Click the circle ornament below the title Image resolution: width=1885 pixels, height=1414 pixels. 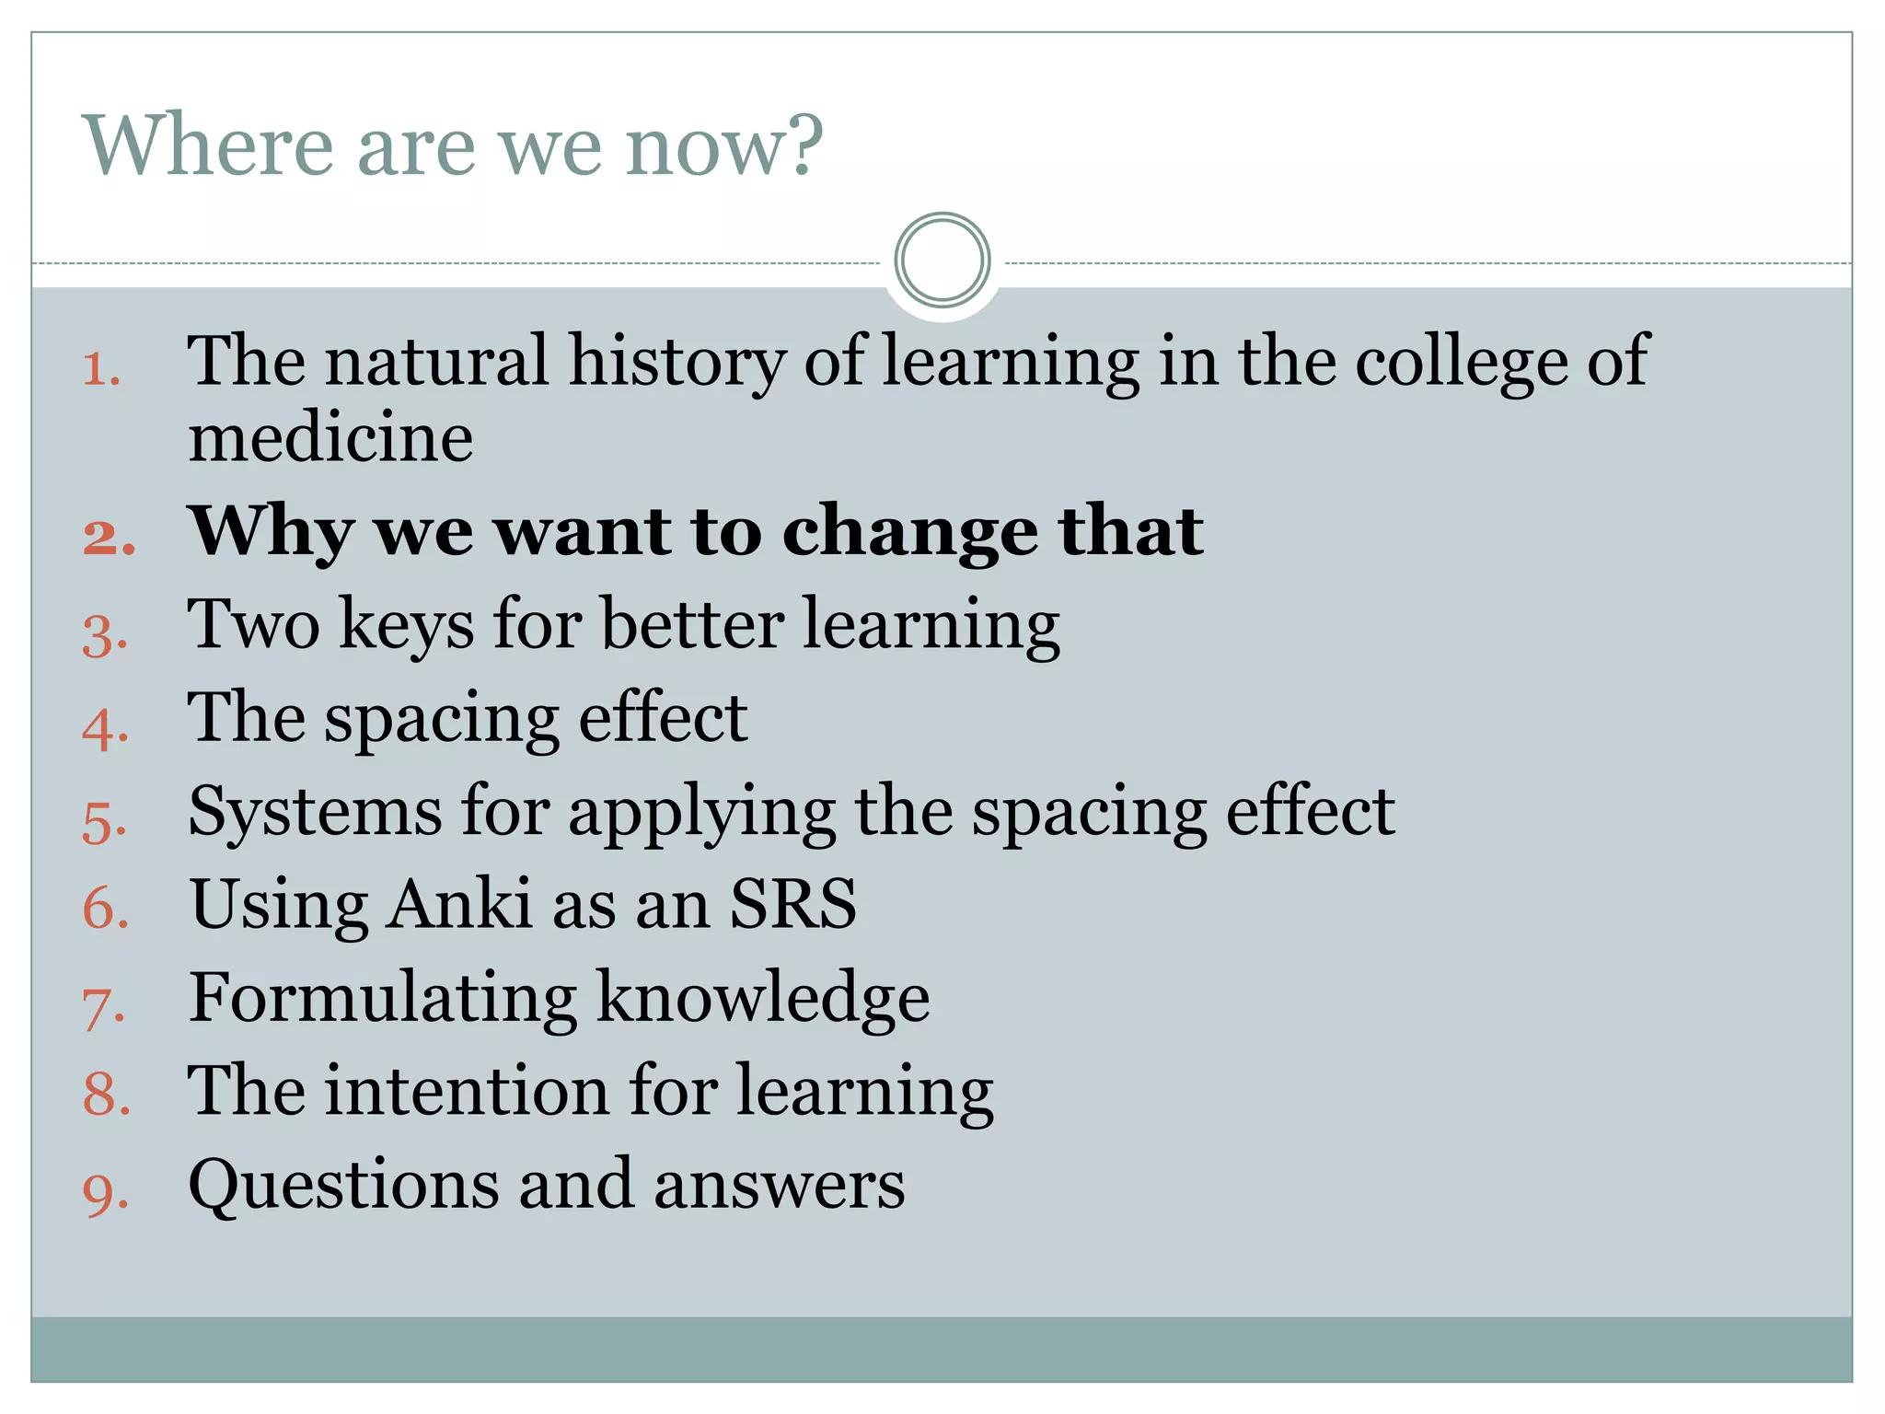pyautogui.click(x=942, y=261)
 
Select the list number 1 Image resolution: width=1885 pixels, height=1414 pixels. pyautogui.click(x=101, y=370)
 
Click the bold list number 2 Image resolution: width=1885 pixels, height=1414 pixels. pyautogui.click(x=109, y=537)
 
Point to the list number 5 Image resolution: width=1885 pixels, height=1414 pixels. pyautogui.click(x=104, y=822)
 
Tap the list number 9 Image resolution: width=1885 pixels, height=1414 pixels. pyautogui.click(x=105, y=1193)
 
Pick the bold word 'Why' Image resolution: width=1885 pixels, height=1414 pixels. pyautogui.click(x=271, y=534)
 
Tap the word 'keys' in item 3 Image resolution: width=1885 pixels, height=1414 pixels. pyautogui.click(x=406, y=626)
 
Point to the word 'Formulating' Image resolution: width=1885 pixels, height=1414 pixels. pyautogui.click(x=382, y=998)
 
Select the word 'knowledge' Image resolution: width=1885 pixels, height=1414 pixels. pyautogui.click(x=763, y=998)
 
